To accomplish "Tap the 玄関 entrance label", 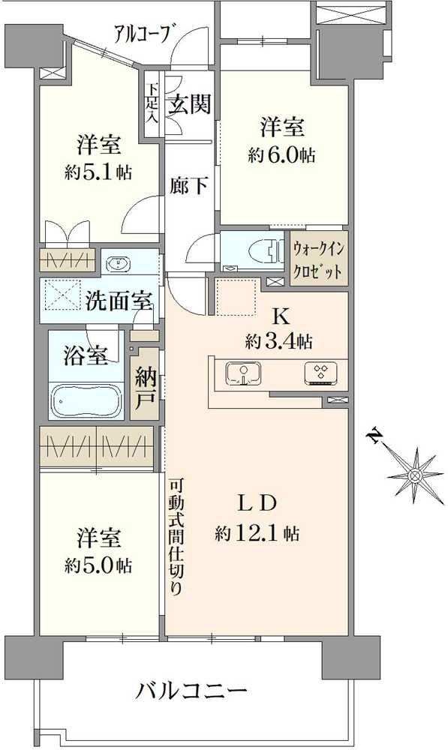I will tap(188, 104).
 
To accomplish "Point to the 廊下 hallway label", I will tap(189, 185).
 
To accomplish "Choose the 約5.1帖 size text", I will tap(98, 172).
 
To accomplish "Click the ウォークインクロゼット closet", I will tap(319, 258).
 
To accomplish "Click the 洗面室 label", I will tap(119, 302).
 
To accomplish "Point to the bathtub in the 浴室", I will tap(88, 400).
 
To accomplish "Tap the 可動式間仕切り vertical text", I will tap(175, 536).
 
